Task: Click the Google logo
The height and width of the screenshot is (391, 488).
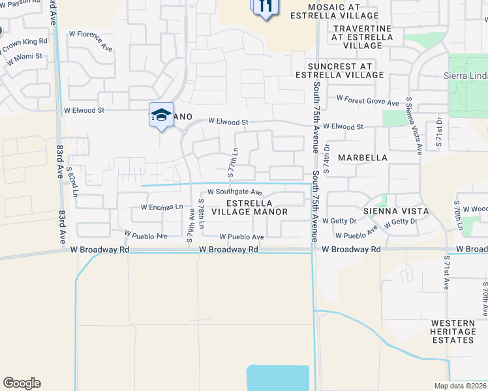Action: [22, 383]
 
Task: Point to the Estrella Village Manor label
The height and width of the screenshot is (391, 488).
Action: [249, 207]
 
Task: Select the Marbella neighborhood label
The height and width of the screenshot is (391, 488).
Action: [362, 158]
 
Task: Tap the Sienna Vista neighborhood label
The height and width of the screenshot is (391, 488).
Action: [396, 211]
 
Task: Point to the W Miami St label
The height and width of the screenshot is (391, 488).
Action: [25, 59]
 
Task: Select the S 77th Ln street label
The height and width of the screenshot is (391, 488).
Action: [231, 162]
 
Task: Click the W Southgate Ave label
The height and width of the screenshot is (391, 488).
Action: [234, 192]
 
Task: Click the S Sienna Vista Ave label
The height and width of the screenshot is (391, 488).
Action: [414, 126]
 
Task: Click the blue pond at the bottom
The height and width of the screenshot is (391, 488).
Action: [277, 378]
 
